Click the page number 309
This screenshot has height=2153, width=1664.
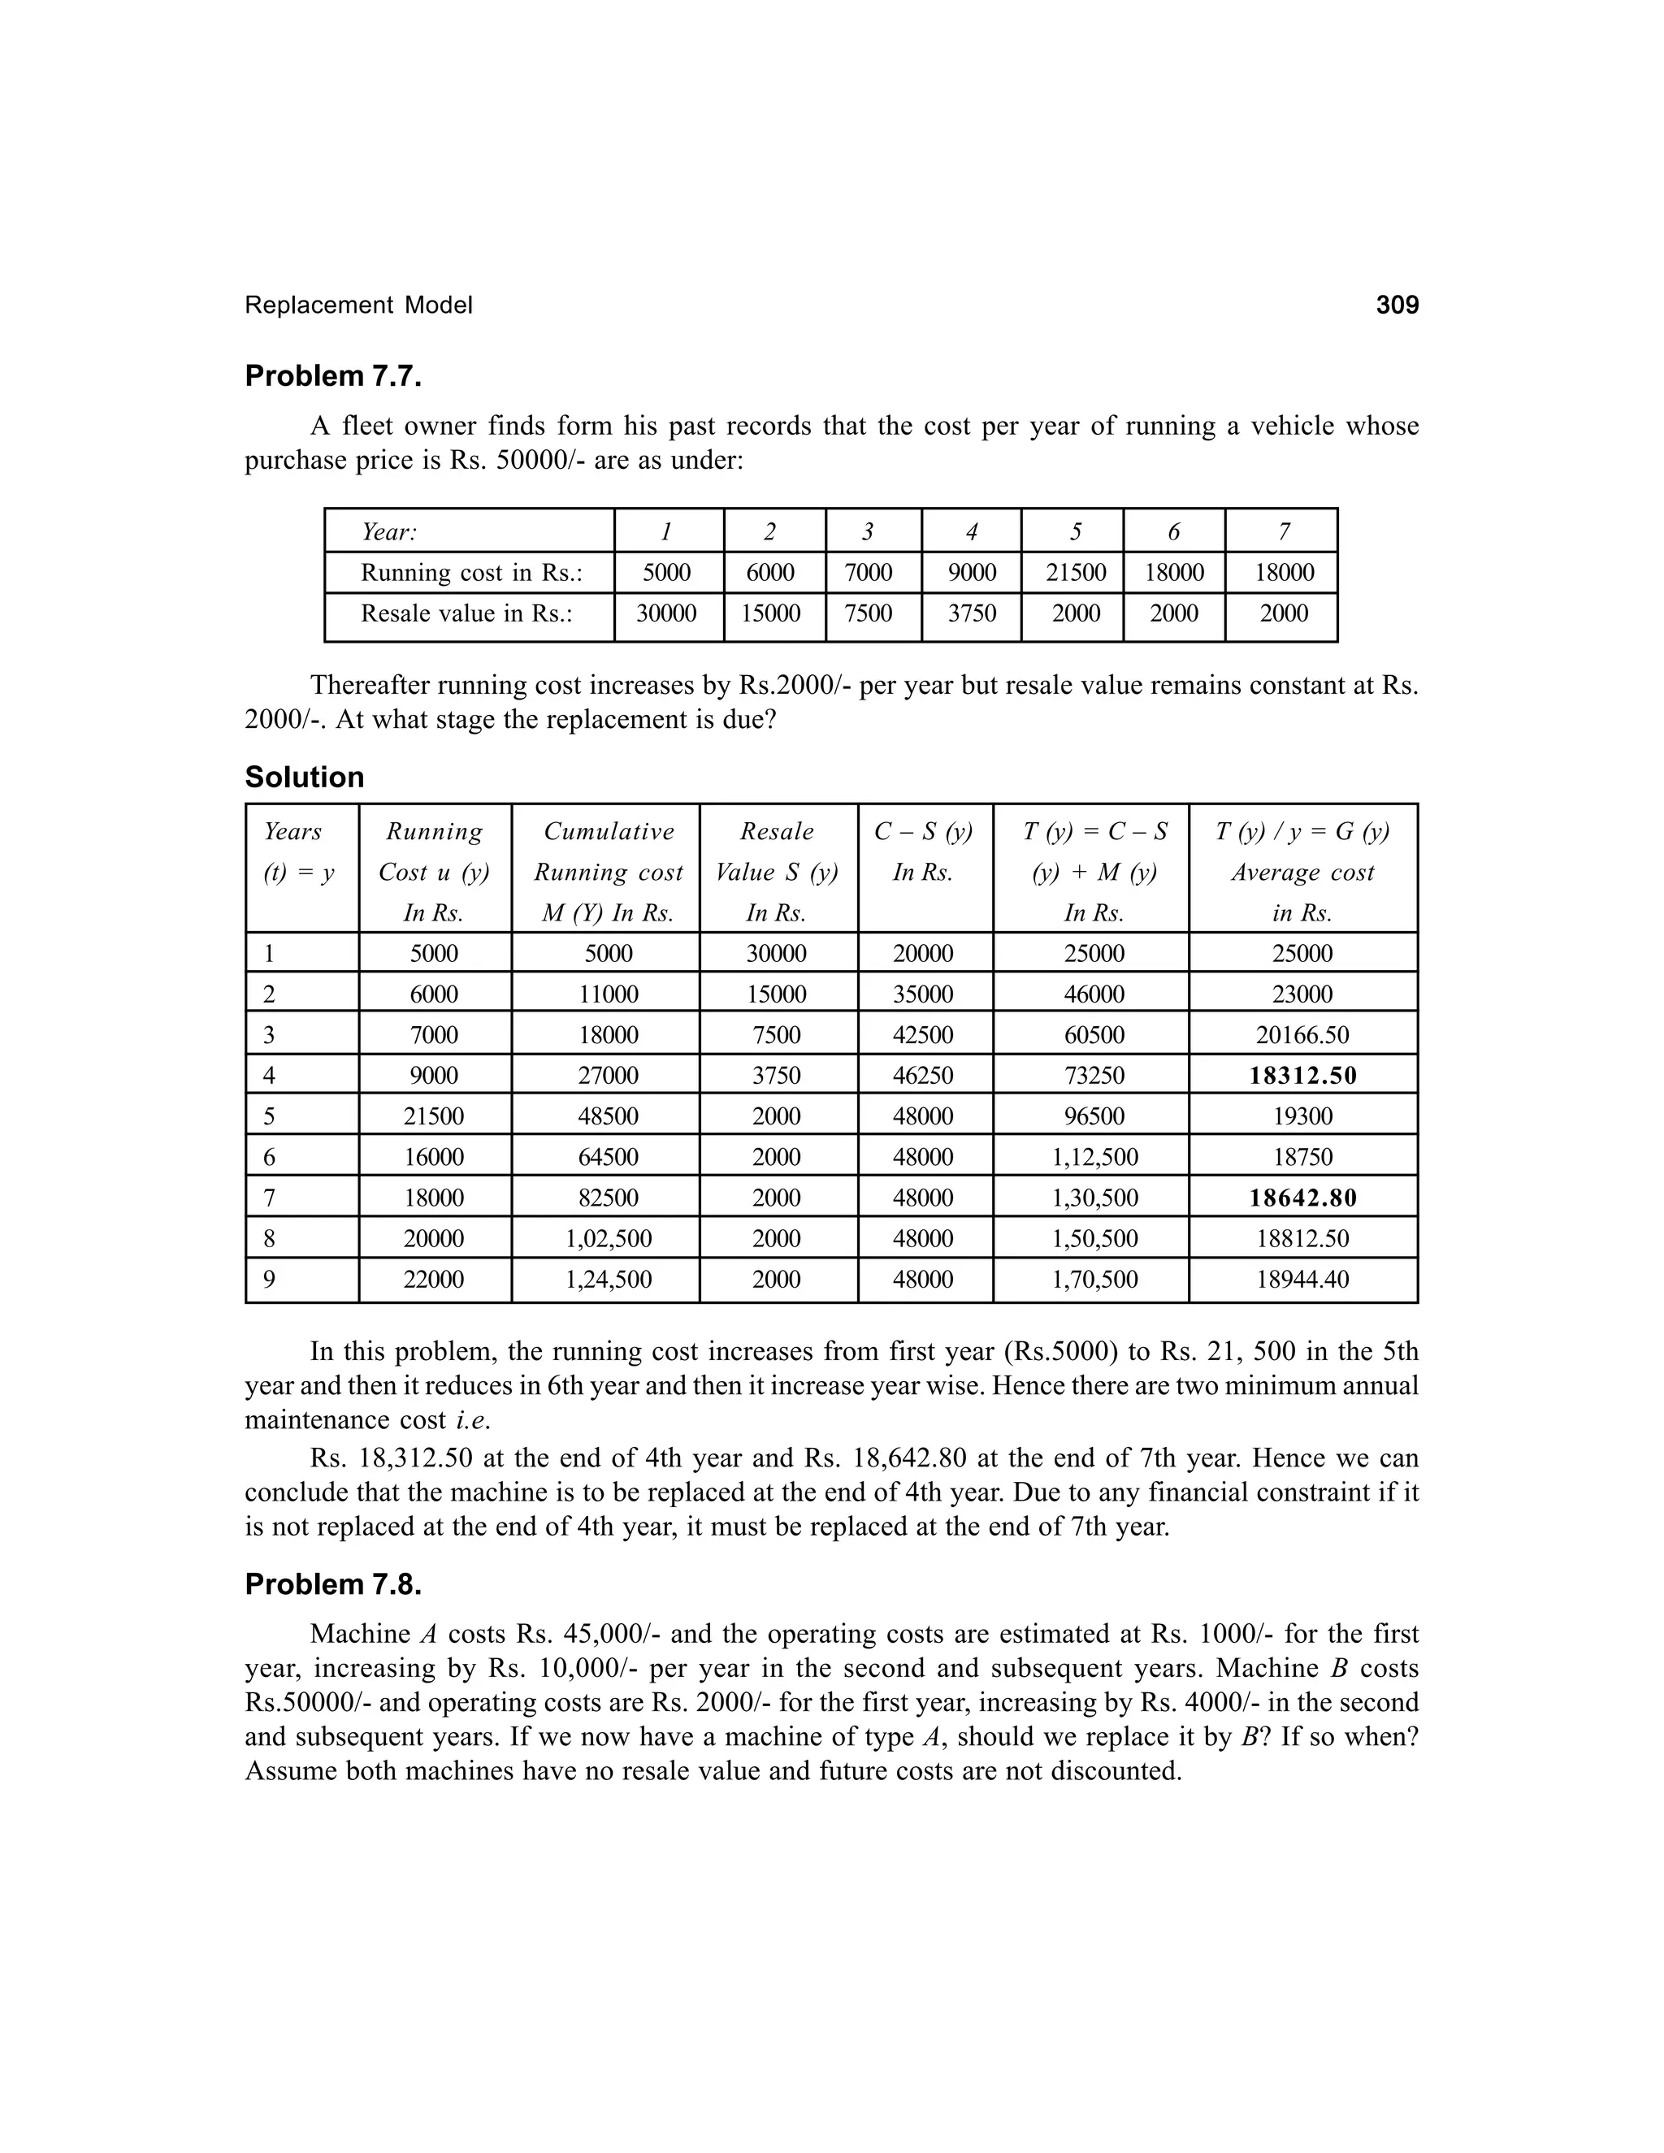pyautogui.click(x=1397, y=305)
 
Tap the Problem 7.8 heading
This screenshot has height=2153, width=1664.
pyautogui.click(x=333, y=1584)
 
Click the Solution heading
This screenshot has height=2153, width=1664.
pyautogui.click(x=305, y=777)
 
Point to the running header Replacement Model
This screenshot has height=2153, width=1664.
pyautogui.click(x=359, y=305)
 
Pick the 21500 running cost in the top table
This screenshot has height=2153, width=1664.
pyautogui.click(x=1076, y=573)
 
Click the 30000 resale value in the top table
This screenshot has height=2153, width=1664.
pyautogui.click(x=666, y=613)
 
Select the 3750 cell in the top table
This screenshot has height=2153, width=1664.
pyautogui.click(x=972, y=613)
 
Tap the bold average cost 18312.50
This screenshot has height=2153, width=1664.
pyautogui.click(x=1303, y=1076)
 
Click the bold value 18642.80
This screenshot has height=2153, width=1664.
pyautogui.click(x=1303, y=1198)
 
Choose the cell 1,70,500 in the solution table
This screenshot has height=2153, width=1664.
pyautogui.click(x=1094, y=1280)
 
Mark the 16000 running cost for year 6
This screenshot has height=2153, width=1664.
pyautogui.click(x=434, y=1157)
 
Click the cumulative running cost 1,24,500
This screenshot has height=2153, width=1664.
pyautogui.click(x=609, y=1280)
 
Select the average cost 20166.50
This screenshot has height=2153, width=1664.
pyautogui.click(x=1303, y=1035)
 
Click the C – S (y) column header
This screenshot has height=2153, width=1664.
pyautogui.click(x=924, y=833)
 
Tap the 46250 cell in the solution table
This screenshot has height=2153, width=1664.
pyautogui.click(x=924, y=1076)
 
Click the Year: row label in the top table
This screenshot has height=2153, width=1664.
pyautogui.click(x=389, y=532)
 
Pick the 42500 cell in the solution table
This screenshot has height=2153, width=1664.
pyautogui.click(x=924, y=1035)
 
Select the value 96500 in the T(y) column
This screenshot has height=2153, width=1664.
pyautogui.click(x=1094, y=1117)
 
